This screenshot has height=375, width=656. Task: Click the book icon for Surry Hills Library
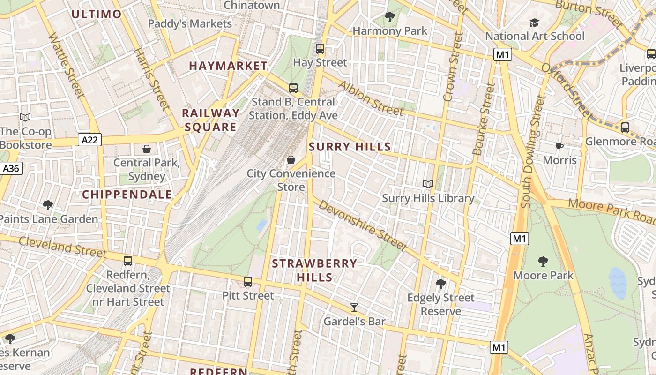pos(428,184)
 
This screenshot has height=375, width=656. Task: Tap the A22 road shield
pos(90,140)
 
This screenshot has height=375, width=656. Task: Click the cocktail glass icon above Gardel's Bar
pos(354,307)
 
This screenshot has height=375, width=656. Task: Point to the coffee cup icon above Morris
pos(559,146)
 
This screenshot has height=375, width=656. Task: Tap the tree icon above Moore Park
pos(543,261)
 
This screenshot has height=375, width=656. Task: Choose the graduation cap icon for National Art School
pos(534,22)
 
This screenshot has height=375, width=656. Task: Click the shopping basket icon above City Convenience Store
pos(291,160)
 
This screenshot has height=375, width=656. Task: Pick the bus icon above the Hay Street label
pos(320,48)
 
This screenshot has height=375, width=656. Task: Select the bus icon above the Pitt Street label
pos(248,282)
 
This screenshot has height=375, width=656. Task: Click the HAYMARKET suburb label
pos(228,66)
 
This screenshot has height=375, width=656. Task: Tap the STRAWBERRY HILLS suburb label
pos(314,270)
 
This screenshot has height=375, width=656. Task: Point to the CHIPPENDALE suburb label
pos(127,195)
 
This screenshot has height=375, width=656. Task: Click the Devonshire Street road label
pos(362,225)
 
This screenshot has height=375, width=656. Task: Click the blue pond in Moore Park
pos(618,283)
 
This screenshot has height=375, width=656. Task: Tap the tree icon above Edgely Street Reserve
pos(440,284)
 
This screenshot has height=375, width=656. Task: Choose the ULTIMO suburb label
pos(97,14)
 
